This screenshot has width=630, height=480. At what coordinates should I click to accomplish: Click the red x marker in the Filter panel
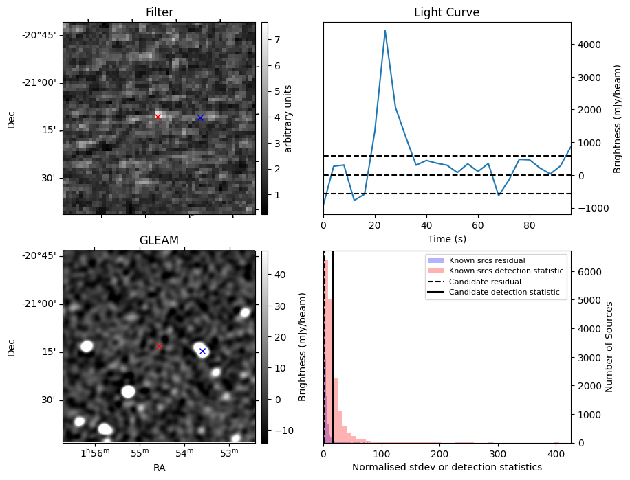(157, 117)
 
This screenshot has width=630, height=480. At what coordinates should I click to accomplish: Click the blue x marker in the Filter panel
(200, 117)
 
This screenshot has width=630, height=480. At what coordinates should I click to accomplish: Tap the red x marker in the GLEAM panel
(159, 346)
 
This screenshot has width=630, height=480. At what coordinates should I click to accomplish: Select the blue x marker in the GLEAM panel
(202, 351)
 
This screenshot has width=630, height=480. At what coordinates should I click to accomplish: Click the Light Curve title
(446, 13)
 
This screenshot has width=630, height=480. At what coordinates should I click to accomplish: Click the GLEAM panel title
(159, 240)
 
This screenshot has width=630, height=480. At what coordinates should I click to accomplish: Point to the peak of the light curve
(385, 31)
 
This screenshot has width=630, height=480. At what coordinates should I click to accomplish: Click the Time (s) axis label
(446, 238)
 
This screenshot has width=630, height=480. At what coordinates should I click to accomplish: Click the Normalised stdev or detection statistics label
(446, 467)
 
